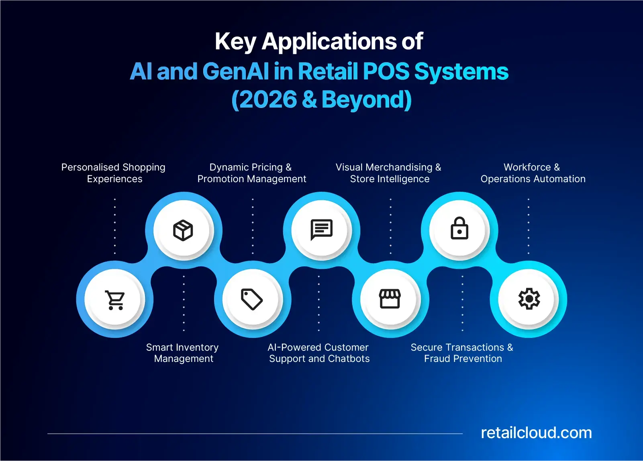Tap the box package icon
click(x=183, y=230)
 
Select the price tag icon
click(x=252, y=299)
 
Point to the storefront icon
click(x=390, y=299)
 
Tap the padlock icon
click(x=459, y=228)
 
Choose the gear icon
click(x=529, y=299)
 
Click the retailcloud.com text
click(x=536, y=433)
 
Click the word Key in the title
click(x=235, y=42)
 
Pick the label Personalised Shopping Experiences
click(x=113, y=173)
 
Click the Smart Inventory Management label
click(x=183, y=353)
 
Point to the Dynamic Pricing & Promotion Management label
click(x=252, y=173)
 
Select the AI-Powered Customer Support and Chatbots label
click(x=319, y=353)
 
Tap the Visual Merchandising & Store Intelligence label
click(x=389, y=173)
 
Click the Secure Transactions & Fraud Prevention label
click(x=462, y=353)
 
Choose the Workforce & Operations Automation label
click(x=533, y=173)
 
